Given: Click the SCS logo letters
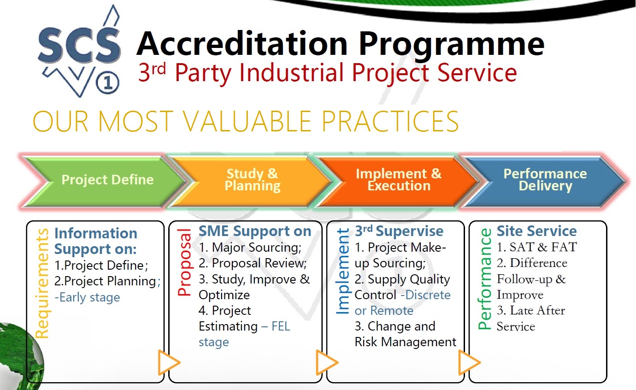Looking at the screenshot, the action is tap(79, 45).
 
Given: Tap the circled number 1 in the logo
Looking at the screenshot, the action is tap(107, 83).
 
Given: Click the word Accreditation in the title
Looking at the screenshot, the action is tap(242, 44).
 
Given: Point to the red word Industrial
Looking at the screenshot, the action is tap(292, 73).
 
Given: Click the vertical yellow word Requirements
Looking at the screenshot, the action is tap(42, 284).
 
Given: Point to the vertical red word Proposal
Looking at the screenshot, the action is tap(185, 262).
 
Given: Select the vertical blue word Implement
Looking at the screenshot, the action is tap(343, 271).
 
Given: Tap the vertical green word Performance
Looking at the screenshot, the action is tap(484, 279).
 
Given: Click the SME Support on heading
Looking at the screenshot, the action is tap(255, 231).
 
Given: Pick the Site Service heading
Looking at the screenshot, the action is tap(536, 231).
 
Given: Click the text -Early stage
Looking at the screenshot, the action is tap(87, 298).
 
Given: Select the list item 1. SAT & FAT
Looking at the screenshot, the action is tap(536, 247).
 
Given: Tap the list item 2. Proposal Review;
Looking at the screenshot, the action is tap(253, 263).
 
